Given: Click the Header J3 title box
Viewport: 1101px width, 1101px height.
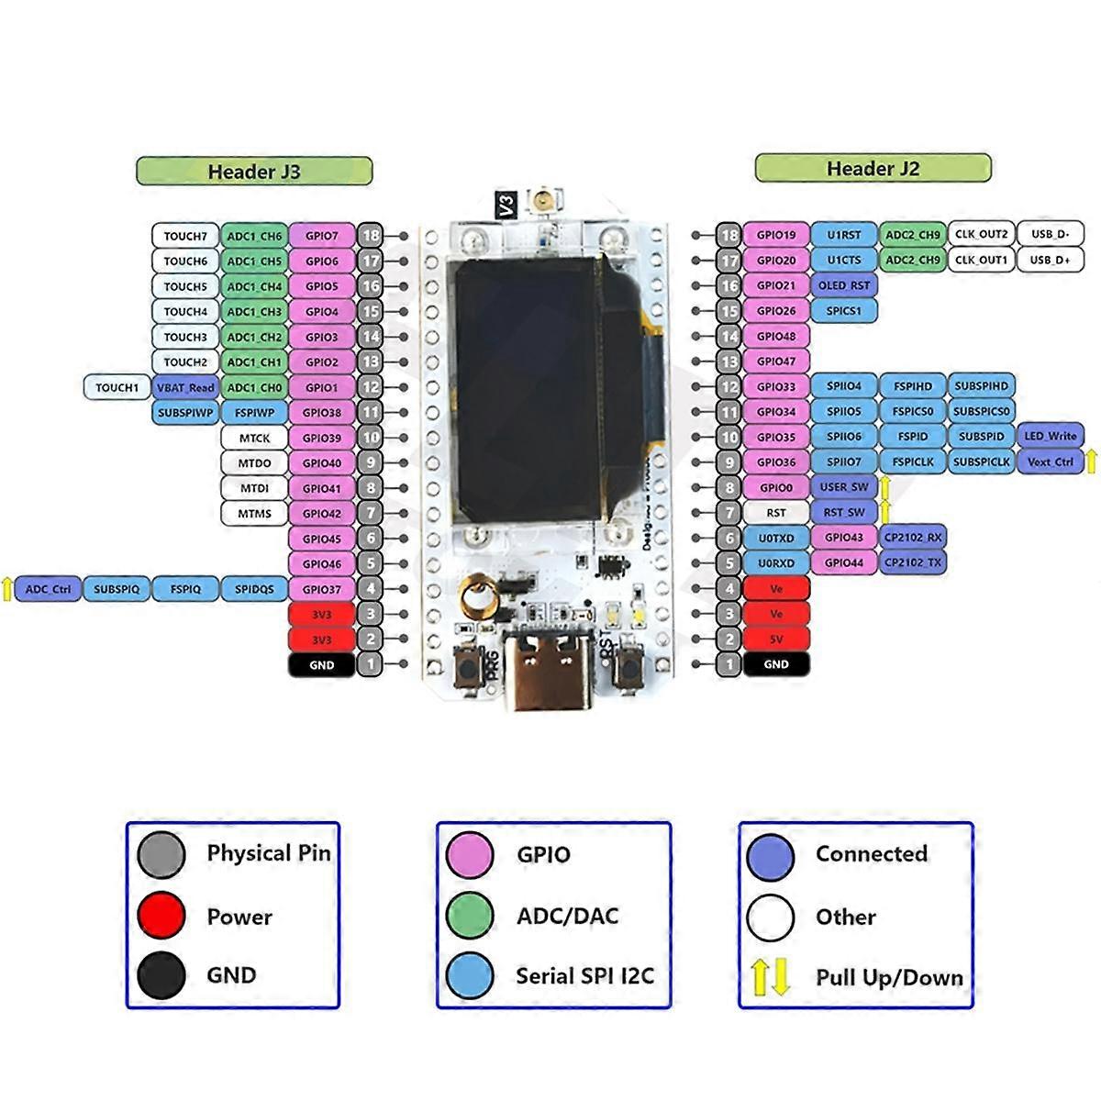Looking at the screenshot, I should (254, 172).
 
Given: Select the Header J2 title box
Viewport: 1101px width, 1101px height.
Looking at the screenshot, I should (873, 169).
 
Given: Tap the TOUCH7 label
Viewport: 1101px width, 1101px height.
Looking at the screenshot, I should (185, 236).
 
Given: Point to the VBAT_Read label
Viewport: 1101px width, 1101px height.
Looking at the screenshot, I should (186, 387).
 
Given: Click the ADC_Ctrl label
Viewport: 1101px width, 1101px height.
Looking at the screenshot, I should (48, 589).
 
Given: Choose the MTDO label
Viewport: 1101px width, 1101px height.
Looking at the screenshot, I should (254, 463).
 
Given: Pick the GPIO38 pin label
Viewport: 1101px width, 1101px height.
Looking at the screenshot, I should (322, 413).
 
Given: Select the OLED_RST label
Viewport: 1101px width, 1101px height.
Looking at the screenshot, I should (844, 285).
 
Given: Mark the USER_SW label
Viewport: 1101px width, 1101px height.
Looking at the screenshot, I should (844, 487).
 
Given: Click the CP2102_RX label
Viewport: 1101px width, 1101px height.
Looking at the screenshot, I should (913, 538).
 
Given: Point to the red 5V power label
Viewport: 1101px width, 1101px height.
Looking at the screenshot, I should (776, 639).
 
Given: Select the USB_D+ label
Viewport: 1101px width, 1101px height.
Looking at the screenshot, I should (1051, 260).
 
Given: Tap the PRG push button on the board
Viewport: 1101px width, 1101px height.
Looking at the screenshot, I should (469, 668).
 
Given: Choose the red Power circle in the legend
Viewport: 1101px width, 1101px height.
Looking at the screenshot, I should (161, 916).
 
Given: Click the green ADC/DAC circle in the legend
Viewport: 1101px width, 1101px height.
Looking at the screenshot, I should (470, 916).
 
